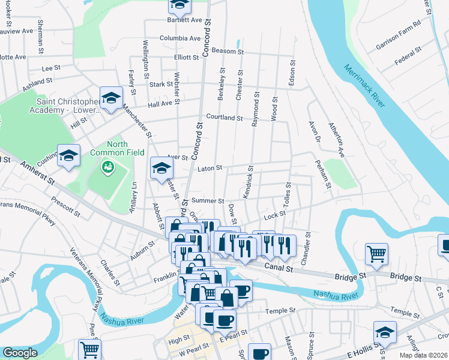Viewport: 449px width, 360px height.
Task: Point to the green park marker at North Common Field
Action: (108, 166)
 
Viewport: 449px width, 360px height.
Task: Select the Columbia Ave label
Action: (179, 38)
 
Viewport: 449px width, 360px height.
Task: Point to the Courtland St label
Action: (224, 118)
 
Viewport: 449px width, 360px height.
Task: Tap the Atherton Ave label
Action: (336, 140)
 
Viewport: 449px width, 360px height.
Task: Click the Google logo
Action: (20, 353)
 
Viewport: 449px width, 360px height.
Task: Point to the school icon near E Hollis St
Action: (385, 332)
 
